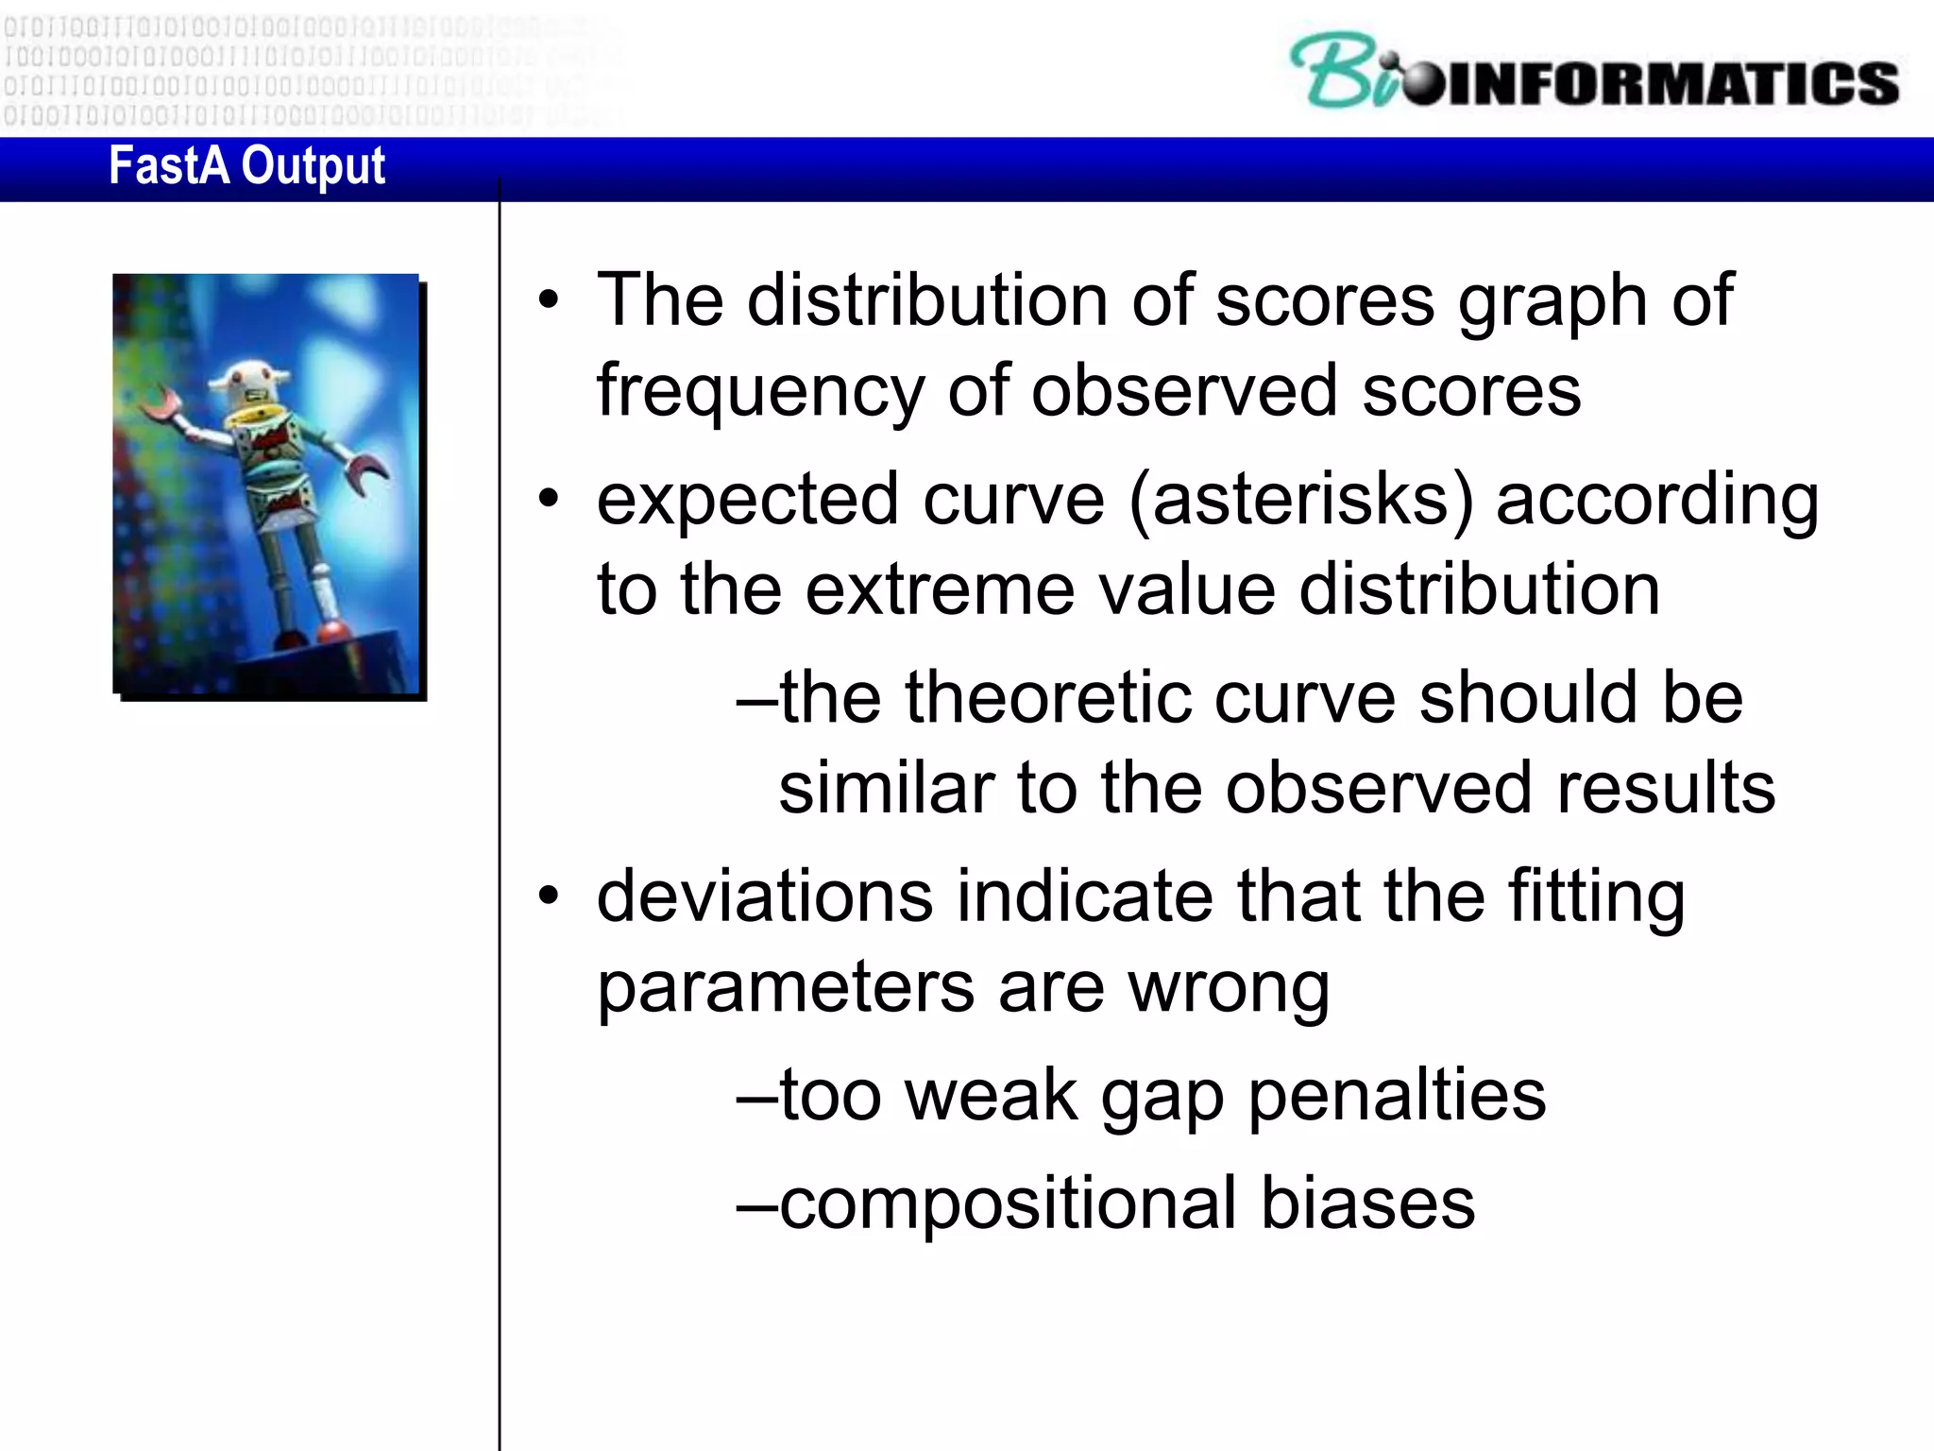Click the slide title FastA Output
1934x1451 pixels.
point(246,167)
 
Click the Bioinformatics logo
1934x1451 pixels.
point(1594,73)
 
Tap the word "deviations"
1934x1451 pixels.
point(765,896)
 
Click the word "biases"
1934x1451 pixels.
point(1367,1203)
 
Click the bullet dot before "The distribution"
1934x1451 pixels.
point(549,300)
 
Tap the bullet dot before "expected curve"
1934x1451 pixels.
point(549,499)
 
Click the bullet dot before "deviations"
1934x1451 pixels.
point(549,896)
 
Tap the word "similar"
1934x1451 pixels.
point(886,788)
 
